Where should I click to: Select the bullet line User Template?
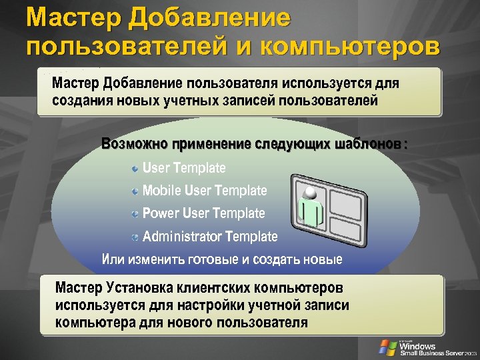click(184, 168)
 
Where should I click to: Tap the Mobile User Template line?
click(205, 191)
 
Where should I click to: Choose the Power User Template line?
click(203, 213)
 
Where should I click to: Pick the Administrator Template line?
click(210, 236)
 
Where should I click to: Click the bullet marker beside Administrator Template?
click(135, 237)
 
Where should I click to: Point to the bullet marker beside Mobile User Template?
click(135, 191)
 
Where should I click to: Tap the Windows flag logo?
click(387, 347)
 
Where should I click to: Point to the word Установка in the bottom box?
click(137, 289)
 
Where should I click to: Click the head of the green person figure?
click(310, 191)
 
